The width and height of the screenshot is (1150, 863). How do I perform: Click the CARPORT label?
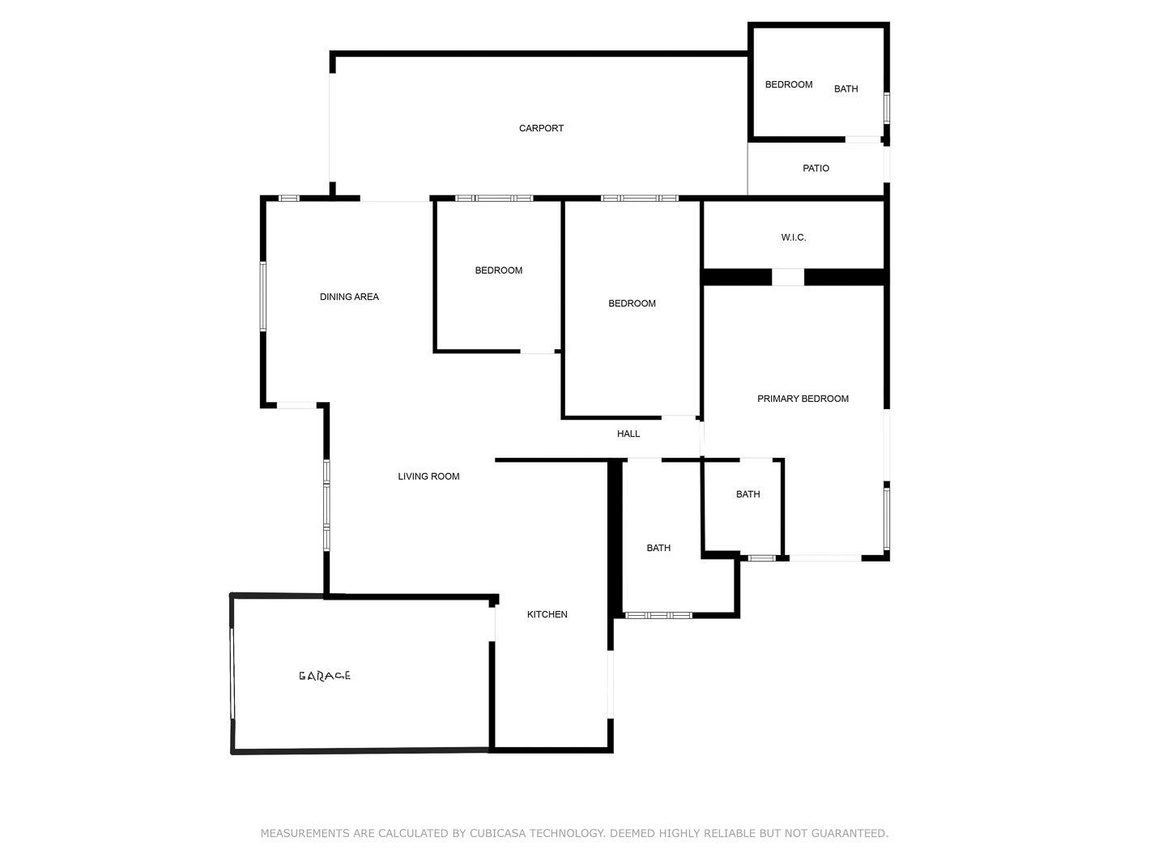541,128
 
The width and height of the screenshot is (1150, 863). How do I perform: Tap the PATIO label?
816,169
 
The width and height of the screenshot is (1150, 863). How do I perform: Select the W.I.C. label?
793,237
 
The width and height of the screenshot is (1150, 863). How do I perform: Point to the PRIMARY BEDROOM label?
803,399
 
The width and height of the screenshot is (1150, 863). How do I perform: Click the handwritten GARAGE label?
324,676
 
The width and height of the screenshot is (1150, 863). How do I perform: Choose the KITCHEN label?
547,614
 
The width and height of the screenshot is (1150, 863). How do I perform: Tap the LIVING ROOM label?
428,476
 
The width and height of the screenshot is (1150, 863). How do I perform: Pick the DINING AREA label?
349,297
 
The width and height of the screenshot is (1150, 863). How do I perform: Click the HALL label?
628,434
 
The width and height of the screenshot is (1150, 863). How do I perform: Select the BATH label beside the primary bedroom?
747,494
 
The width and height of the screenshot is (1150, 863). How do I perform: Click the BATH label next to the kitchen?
658,548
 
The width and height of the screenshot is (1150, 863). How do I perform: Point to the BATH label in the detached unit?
846,89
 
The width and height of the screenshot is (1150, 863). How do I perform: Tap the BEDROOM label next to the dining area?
498,271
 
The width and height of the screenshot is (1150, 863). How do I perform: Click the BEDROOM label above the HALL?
632,303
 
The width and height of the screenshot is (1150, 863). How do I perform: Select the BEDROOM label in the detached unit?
789,84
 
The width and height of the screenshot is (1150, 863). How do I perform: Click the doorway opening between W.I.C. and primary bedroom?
788,277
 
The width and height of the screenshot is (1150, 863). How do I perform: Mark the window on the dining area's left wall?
263,296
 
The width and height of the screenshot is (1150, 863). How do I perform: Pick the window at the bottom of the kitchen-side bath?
658,615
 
